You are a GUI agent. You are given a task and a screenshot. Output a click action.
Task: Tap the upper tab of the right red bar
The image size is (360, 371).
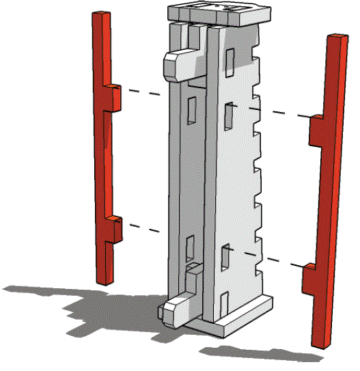tap(318, 130)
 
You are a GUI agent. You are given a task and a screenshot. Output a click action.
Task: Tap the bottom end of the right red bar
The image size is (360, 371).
tap(319, 343)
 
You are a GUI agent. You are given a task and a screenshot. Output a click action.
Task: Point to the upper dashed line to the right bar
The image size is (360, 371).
tap(280, 112)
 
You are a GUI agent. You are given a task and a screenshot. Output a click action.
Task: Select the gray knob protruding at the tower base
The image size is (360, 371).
tap(176, 312)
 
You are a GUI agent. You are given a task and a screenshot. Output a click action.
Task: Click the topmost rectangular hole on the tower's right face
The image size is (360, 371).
tap(230, 60)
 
